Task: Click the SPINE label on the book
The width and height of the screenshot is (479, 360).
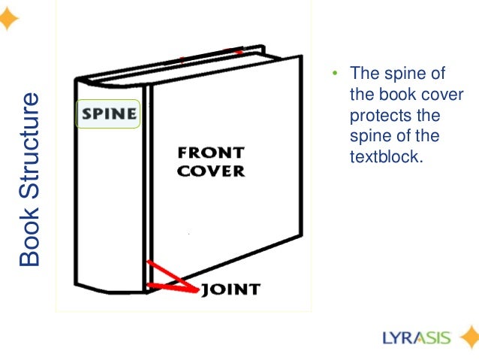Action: tap(110, 115)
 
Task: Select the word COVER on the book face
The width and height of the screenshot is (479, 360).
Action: tap(211, 171)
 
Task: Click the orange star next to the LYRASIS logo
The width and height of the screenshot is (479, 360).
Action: tap(467, 337)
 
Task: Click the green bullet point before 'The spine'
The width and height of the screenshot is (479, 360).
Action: tap(335, 74)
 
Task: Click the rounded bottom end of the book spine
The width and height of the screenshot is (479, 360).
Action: tap(110, 286)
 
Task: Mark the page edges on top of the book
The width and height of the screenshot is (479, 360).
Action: tap(173, 67)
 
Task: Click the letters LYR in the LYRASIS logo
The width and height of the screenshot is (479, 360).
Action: tap(393, 337)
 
